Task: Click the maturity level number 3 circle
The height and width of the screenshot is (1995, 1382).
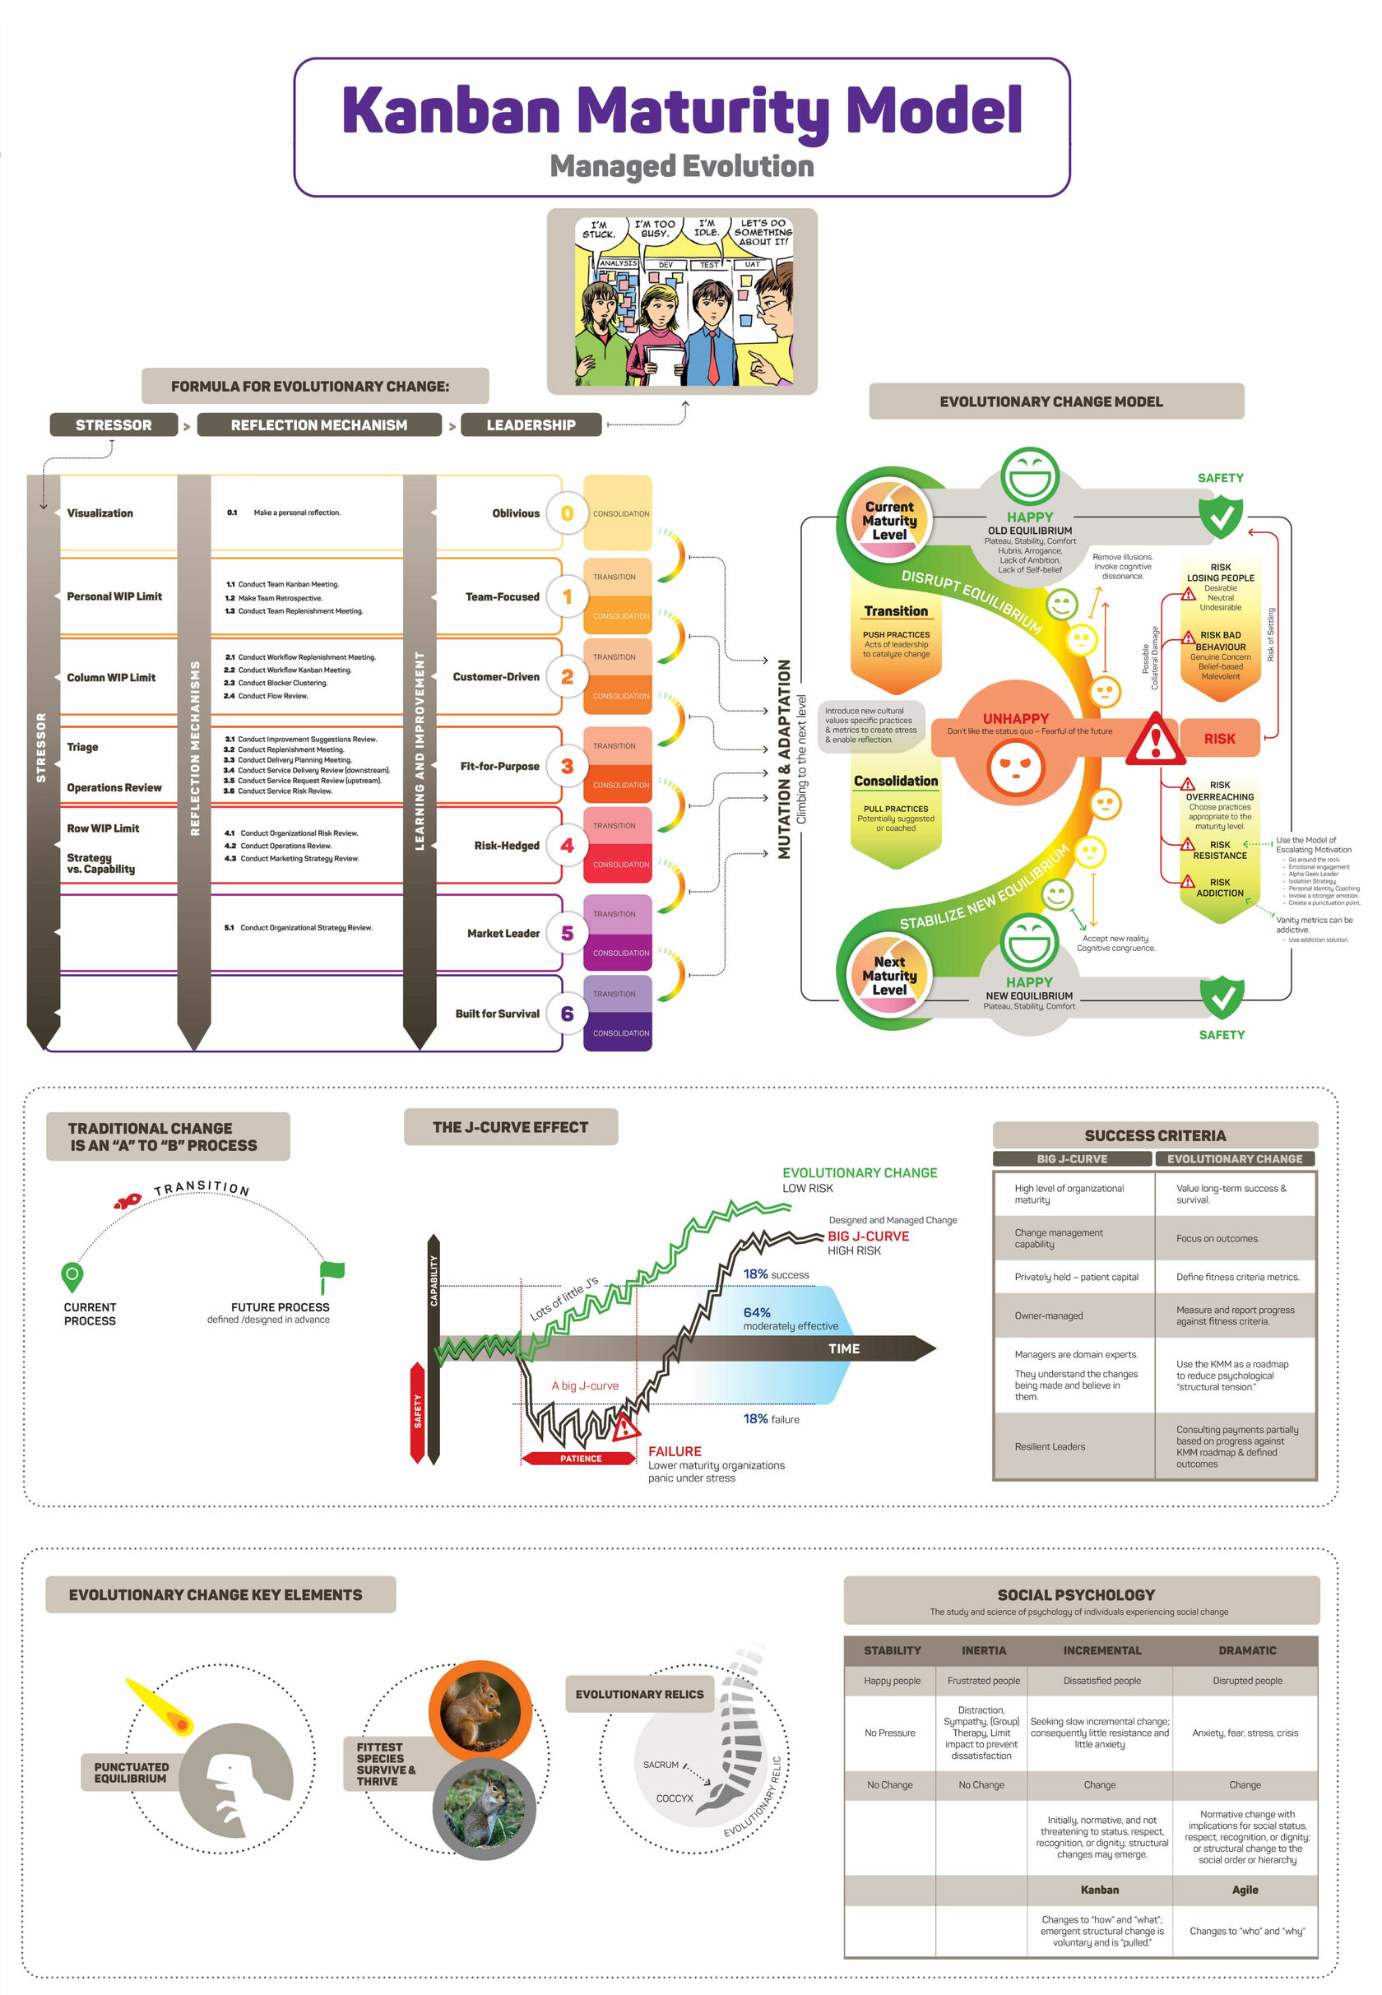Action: pyautogui.click(x=567, y=765)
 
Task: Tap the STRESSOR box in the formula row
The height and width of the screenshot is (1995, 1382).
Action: pyautogui.click(x=114, y=425)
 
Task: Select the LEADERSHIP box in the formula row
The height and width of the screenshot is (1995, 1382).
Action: pyautogui.click(x=530, y=425)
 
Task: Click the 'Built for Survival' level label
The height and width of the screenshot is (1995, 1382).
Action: pyautogui.click(x=497, y=1013)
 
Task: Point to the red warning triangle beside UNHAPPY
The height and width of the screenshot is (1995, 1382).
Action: pyautogui.click(x=1154, y=740)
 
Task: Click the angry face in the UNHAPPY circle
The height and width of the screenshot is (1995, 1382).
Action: pyautogui.click(x=1016, y=766)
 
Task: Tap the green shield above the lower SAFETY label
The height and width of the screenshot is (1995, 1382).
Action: pyautogui.click(x=1222, y=996)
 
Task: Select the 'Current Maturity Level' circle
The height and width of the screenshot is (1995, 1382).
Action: pyautogui.click(x=888, y=521)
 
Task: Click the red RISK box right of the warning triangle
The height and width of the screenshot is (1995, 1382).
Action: pyautogui.click(x=1219, y=739)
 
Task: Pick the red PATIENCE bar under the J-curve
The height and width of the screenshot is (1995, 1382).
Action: pyautogui.click(x=579, y=1458)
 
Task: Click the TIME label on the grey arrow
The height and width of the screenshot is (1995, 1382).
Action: pyautogui.click(x=843, y=1348)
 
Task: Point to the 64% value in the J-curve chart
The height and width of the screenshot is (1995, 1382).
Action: pyautogui.click(x=756, y=1313)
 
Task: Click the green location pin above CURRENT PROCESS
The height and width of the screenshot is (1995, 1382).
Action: pyautogui.click(x=72, y=1274)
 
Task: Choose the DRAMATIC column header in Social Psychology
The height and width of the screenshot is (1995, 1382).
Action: pyautogui.click(x=1246, y=1650)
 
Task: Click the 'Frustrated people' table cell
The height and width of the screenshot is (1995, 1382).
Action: pyautogui.click(x=983, y=1681)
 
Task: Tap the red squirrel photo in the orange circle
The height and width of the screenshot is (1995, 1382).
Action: pyautogui.click(x=480, y=1711)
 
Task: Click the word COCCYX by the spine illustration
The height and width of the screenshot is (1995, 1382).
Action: pyautogui.click(x=674, y=1798)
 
